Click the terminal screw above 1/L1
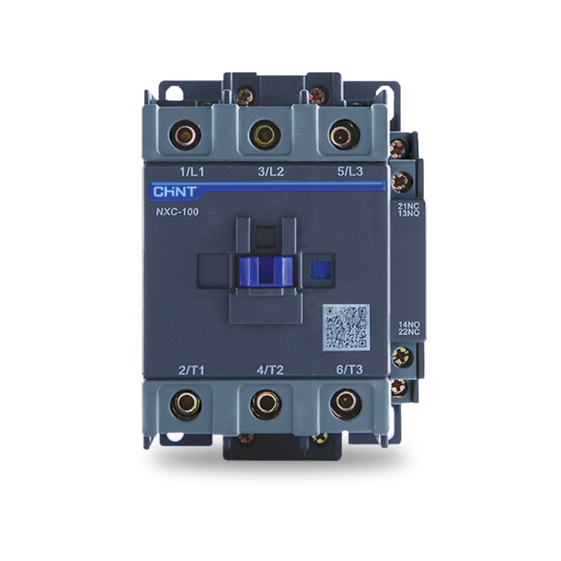pos(185,136)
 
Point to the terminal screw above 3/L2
pos(263,136)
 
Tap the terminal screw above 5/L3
pos(340,136)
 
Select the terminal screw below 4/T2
pos(263,405)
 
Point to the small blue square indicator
pos(320,269)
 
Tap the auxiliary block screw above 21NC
pos(399,180)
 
